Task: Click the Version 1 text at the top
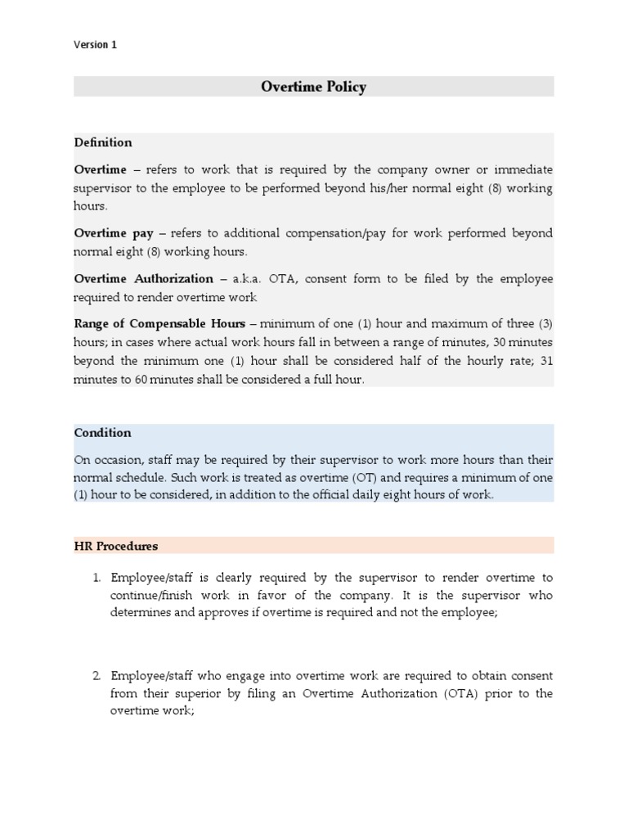point(96,45)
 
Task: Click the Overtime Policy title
point(313,87)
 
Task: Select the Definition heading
point(103,142)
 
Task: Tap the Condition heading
point(102,433)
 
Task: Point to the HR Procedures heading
point(116,546)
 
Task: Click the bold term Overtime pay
point(114,233)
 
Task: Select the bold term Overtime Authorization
point(144,279)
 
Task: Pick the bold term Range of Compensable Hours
point(159,324)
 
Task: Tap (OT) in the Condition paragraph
point(319,478)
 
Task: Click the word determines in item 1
point(141,613)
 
